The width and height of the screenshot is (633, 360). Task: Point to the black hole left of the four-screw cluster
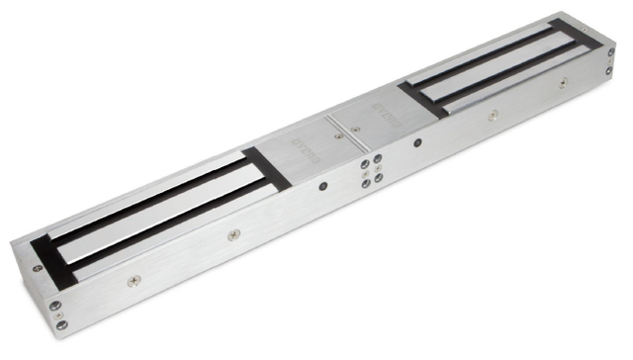[321, 185]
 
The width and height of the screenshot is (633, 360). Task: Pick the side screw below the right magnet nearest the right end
[563, 85]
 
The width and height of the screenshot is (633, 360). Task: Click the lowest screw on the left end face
[60, 315]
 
